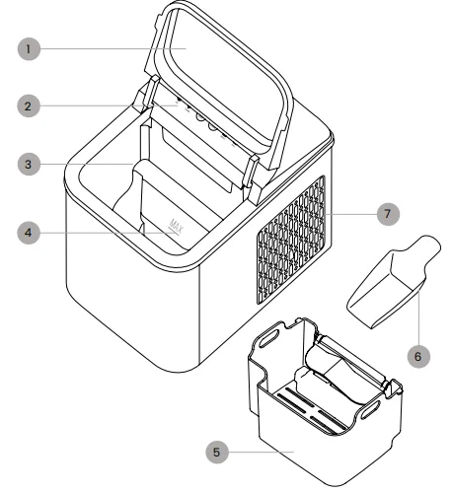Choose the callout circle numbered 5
pos(222,454)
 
